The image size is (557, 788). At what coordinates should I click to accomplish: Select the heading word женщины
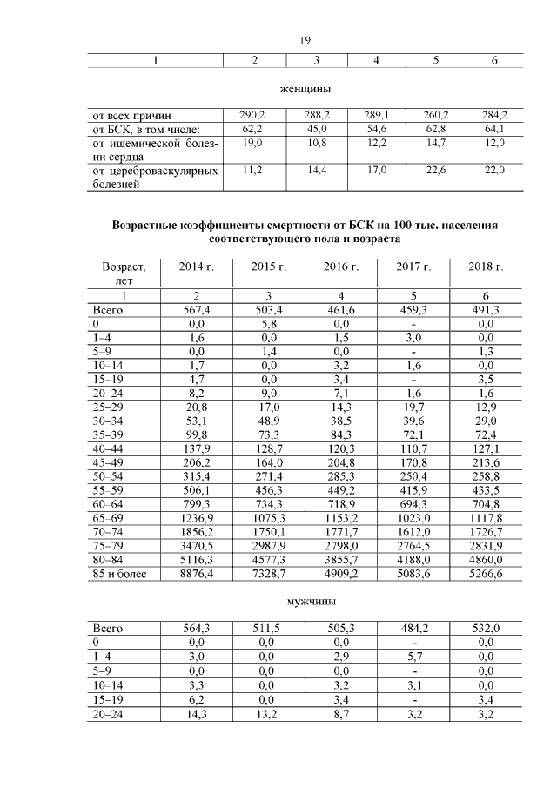click(x=305, y=89)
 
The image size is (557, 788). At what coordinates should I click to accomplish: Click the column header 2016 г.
click(x=341, y=266)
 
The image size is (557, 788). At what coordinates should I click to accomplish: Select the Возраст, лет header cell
click(x=124, y=273)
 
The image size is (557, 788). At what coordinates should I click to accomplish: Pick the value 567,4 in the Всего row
click(x=196, y=310)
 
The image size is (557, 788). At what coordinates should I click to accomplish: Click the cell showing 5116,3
click(x=196, y=562)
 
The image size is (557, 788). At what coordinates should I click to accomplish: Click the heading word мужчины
click(x=305, y=601)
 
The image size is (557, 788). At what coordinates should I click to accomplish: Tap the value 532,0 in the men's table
click(x=486, y=627)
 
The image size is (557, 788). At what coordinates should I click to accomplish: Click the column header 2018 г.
click(x=486, y=266)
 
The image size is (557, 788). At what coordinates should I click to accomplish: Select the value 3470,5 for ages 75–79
click(x=196, y=547)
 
